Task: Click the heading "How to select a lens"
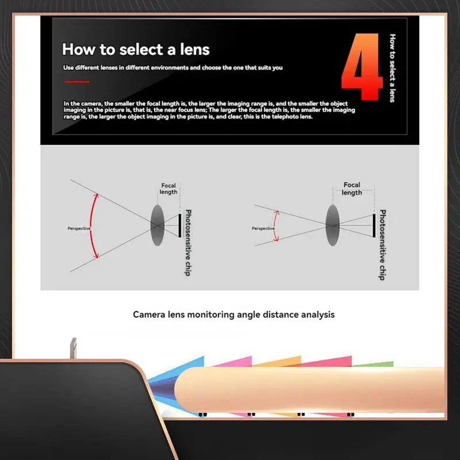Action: (136, 49)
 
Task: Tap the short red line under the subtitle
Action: (76, 82)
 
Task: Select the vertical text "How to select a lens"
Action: (393, 68)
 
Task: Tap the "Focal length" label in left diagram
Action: (168, 189)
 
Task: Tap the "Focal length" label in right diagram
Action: (352, 189)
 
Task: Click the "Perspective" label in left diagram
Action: (79, 228)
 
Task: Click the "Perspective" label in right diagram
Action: (263, 228)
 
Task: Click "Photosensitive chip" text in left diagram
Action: (188, 242)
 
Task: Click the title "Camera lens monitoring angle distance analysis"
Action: (233, 315)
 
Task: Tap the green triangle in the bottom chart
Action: (377, 364)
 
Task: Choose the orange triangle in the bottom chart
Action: (282, 362)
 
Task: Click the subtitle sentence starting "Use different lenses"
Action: (172, 68)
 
